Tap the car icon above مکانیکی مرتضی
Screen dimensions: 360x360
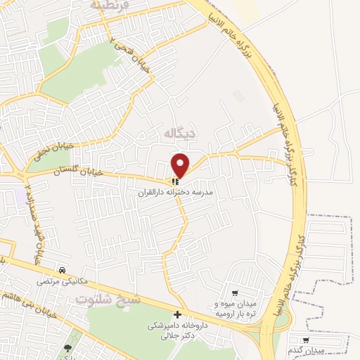(x=63, y=269)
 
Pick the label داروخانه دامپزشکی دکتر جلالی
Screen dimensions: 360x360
(x=177, y=331)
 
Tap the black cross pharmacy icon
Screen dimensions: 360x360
(x=177, y=314)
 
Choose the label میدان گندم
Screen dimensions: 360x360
(x=303, y=350)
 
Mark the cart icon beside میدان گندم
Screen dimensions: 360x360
(x=304, y=340)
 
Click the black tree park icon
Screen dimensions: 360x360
(x=68, y=348)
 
